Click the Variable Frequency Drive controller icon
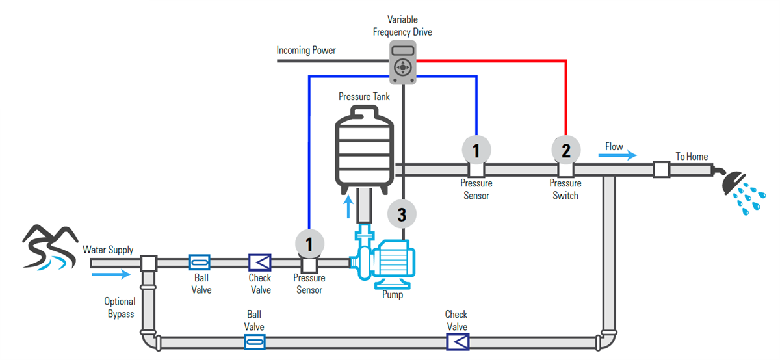point(403,63)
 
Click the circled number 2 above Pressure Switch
point(565,151)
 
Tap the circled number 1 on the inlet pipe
point(309,244)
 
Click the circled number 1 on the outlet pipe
point(476,151)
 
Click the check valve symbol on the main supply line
point(260,262)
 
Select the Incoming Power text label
point(306,51)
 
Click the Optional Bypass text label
point(120,308)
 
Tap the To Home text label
point(692,157)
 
